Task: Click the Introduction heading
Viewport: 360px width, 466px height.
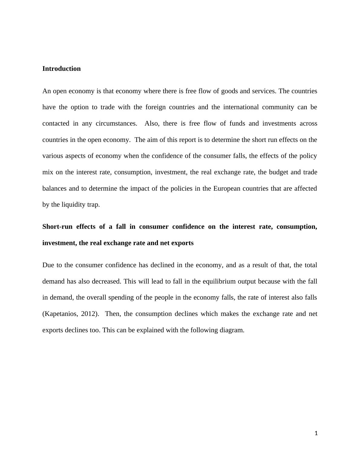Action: (61, 69)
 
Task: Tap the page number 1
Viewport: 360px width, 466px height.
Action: (316, 433)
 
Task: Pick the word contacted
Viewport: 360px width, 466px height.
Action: (56, 123)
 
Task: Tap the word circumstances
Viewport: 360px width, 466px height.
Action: (116, 123)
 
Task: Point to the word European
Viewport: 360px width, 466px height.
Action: (228, 189)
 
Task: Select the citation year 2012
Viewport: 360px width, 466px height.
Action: (90, 314)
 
